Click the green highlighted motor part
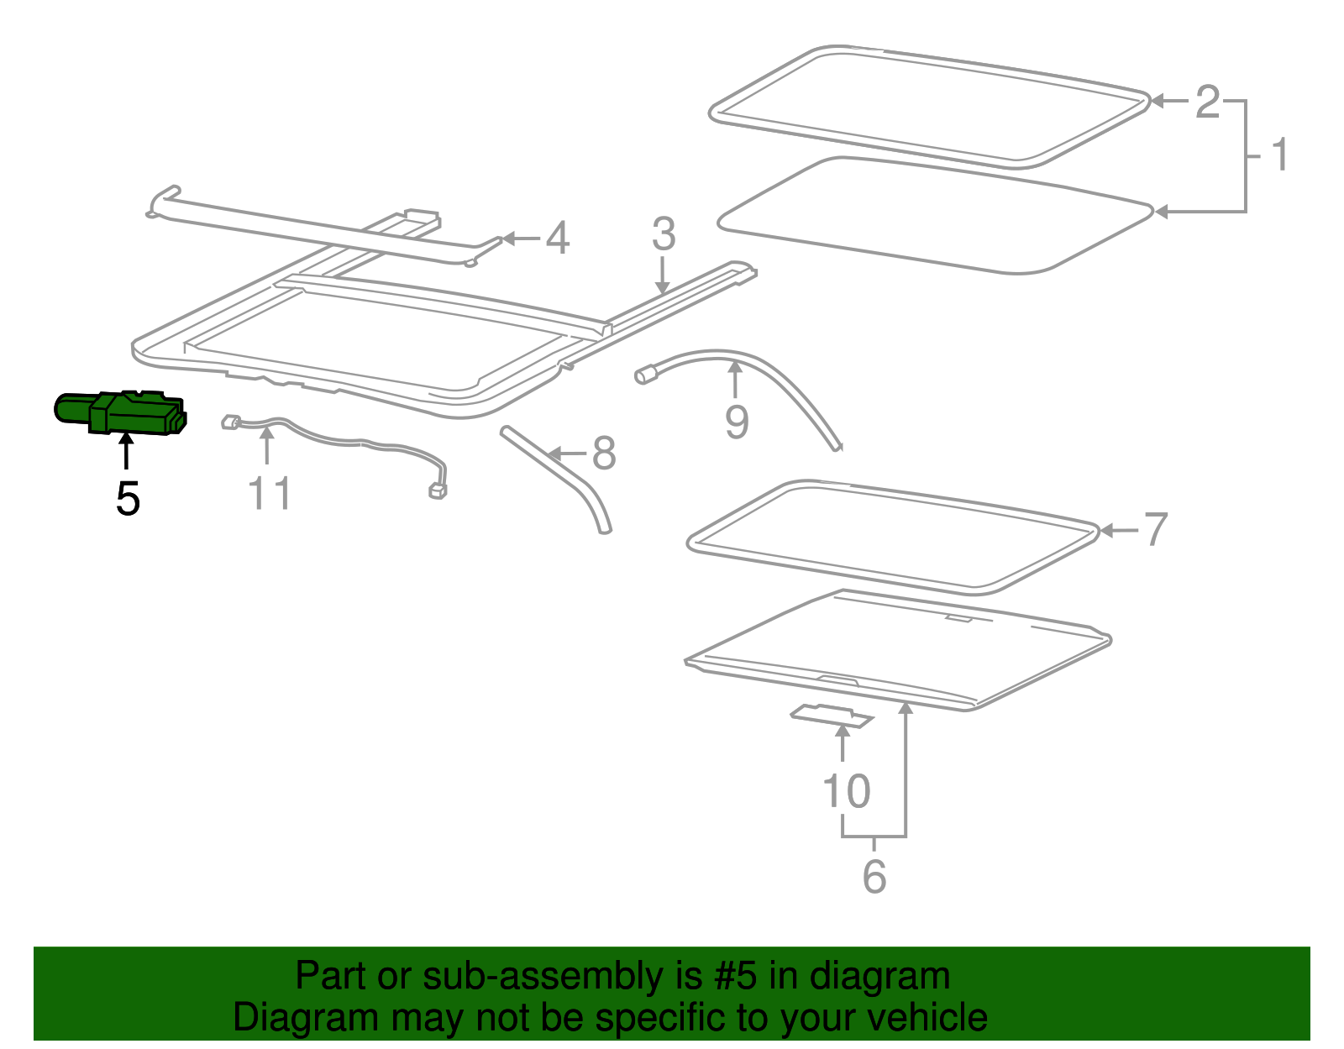point(121,412)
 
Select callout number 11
point(269,493)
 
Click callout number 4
point(557,238)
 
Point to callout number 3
point(664,233)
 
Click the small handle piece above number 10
point(832,716)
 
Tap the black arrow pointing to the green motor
point(126,451)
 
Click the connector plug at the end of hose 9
point(646,375)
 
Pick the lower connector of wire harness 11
point(438,491)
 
